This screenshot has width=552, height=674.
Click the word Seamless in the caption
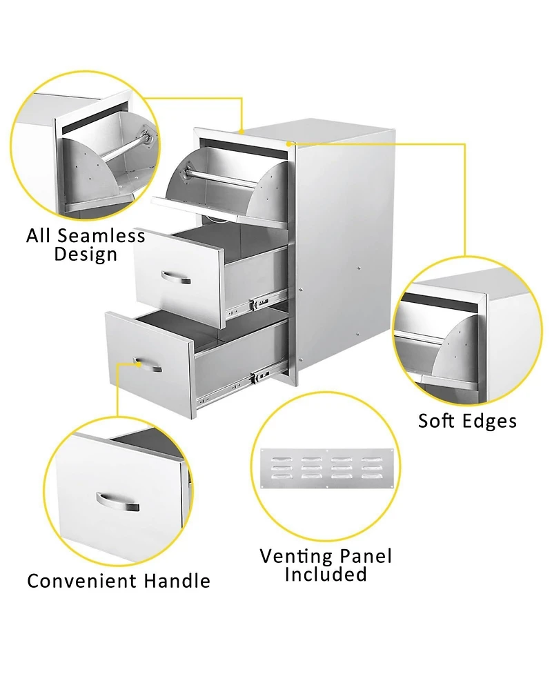pos(101,236)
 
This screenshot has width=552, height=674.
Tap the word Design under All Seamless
pos(86,255)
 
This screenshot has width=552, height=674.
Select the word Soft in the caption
pos(438,420)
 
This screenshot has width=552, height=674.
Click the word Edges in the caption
pos(491,420)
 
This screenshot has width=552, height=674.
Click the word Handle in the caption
pos(177,581)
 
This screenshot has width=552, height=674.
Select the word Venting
pos(294,556)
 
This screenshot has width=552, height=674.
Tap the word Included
pos(326,574)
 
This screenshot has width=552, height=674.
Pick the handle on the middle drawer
pos(177,277)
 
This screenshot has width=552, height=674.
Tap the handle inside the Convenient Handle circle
pos(118,502)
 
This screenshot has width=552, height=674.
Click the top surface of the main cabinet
pos(331,135)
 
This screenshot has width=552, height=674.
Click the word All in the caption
pos(40,236)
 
